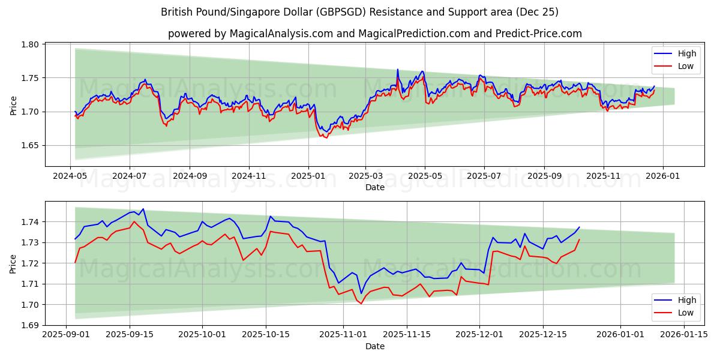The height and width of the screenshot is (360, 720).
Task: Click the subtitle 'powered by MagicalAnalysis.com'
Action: pyautogui.click(x=374, y=34)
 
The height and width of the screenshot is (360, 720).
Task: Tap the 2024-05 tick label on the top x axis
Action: pyautogui.click(x=71, y=176)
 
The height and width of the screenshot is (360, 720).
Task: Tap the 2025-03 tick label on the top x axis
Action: pyautogui.click(x=365, y=176)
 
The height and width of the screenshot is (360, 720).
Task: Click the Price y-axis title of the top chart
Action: pyautogui.click(x=13, y=104)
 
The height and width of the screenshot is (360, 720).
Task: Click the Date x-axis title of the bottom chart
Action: pyautogui.click(x=374, y=346)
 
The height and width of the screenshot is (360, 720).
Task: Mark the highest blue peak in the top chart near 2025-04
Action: pyautogui.click(x=397, y=69)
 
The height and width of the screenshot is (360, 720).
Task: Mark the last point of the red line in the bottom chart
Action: pyautogui.click(x=579, y=239)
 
